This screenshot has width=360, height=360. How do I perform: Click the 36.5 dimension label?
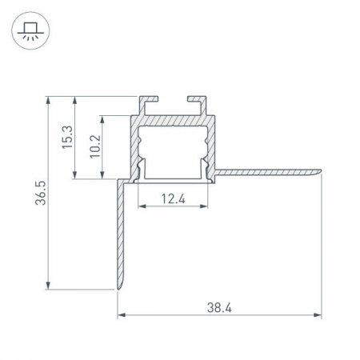point(41,193)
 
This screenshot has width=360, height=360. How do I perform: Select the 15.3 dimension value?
point(67,137)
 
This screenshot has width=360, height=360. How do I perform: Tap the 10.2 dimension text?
point(95,146)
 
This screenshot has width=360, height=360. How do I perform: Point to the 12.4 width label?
point(173,198)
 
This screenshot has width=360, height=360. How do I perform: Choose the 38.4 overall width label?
point(219,308)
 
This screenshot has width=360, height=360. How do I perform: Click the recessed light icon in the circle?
point(30,31)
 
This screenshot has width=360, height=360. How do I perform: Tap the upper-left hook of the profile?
point(148,105)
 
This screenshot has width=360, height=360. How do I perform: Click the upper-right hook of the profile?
point(197,105)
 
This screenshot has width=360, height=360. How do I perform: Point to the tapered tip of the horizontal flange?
point(321,171)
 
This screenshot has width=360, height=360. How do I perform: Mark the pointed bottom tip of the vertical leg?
point(118,288)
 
